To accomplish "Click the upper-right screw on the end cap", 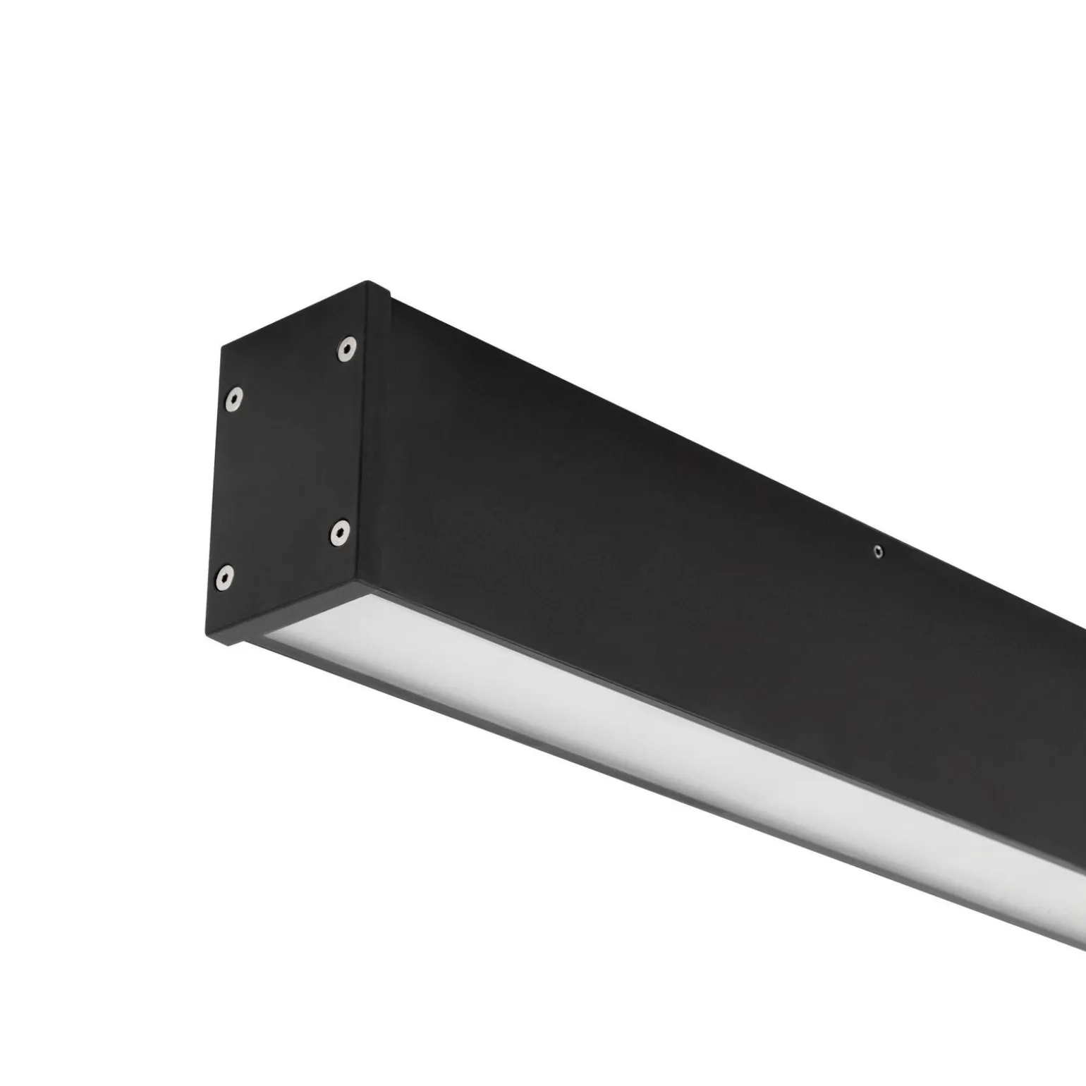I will point(346,348).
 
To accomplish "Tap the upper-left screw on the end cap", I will point(233,400).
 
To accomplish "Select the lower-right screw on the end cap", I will point(340,534).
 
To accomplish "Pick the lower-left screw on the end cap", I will point(224,578).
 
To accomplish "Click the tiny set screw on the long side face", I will point(877,552).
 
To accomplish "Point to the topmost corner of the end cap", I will point(367,282).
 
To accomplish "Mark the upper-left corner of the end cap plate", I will point(222,346).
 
